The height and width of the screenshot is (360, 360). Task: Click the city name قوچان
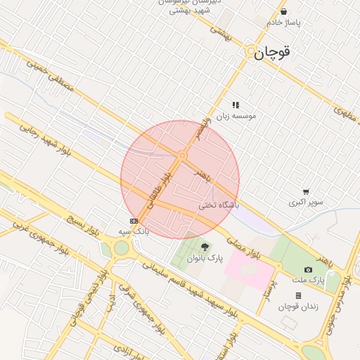[x=272, y=52]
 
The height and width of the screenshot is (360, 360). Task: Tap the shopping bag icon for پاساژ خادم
[x=283, y=12]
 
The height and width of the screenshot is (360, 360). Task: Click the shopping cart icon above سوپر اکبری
[x=306, y=191]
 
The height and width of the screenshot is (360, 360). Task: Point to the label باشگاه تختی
[x=219, y=205]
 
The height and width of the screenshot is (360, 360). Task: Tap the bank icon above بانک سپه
[x=134, y=221]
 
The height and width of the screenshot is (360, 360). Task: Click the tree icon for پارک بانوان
[x=205, y=247]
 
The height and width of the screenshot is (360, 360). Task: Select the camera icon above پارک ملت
[x=308, y=269]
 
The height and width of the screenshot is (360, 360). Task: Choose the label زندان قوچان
[x=298, y=306]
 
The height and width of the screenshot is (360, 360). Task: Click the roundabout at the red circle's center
[x=181, y=155]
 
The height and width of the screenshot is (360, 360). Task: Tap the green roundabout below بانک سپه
[x=122, y=247]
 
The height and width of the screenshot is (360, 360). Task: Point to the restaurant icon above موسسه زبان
[x=236, y=105]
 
